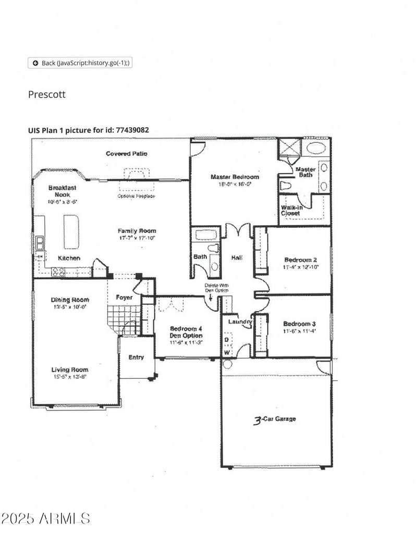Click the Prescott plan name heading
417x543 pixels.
point(47,94)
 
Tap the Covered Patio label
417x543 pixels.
point(127,154)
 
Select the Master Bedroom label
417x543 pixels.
point(234,177)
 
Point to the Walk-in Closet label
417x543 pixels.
point(291,210)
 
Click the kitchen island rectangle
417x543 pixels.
point(71,231)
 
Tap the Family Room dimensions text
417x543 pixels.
point(137,238)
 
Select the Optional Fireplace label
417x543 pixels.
point(136,196)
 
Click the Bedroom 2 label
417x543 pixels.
point(300,260)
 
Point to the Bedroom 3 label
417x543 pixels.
point(299,323)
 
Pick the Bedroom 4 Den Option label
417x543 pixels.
point(186,332)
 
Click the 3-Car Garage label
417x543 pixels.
point(275,419)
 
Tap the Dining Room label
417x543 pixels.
point(69,300)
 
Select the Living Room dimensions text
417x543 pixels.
point(69,377)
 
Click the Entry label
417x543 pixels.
point(136,357)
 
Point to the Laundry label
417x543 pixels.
point(240,322)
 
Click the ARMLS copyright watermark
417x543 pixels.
point(45,519)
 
